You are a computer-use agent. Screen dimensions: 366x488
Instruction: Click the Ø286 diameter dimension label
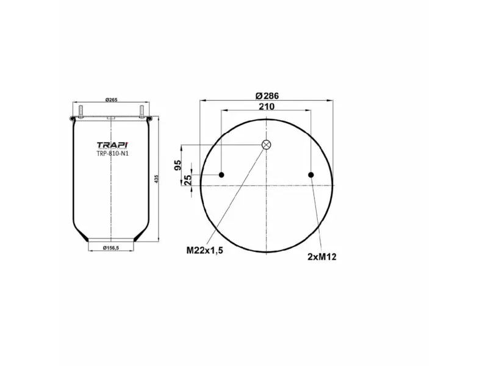pos(267,96)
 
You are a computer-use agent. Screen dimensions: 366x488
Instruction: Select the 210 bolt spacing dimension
pos(267,106)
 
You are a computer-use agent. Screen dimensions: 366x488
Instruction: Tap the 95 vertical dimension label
pos(178,165)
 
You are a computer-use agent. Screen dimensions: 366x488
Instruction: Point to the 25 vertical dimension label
pos(188,179)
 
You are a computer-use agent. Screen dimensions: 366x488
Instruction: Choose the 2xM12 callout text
pos(321,257)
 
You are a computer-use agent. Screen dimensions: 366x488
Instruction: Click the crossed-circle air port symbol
pos(266,145)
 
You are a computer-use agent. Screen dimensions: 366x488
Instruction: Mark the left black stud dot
pos(221,176)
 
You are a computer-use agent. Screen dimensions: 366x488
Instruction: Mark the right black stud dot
pos(311,176)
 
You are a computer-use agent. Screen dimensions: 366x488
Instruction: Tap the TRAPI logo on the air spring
pos(112,145)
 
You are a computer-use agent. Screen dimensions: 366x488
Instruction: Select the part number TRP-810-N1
pos(112,153)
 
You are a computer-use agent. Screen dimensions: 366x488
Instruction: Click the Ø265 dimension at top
pos(111,100)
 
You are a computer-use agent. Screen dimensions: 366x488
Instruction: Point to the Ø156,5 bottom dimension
pos(111,247)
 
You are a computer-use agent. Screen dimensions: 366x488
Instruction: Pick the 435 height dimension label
pos(157,179)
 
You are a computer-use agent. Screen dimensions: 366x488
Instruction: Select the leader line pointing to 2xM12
pos(316,213)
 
